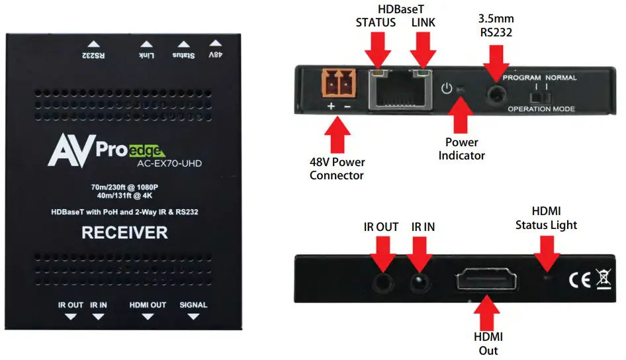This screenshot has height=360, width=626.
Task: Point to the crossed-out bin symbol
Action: pos(604,279)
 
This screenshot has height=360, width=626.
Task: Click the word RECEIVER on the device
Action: pos(124,233)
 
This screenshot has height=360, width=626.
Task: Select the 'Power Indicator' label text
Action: pos(461,149)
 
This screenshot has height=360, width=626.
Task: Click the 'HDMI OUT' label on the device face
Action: pos(148,305)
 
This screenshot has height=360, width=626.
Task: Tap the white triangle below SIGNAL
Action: pos(193,317)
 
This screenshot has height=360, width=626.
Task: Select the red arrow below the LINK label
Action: pos(421,49)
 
